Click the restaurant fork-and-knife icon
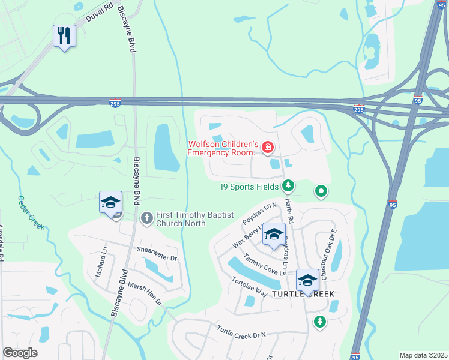coord(64,35)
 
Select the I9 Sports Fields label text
coord(250,187)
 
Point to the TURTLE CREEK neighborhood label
coord(303,295)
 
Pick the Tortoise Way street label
coord(249,286)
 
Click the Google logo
coord(20,353)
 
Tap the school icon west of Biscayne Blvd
coord(111,203)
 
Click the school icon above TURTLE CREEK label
coord(307,280)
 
